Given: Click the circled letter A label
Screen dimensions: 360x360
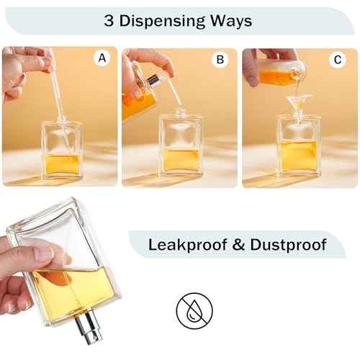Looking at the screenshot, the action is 102,58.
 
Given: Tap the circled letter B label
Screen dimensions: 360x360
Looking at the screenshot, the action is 220,59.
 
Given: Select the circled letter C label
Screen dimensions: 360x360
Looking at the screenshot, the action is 338,60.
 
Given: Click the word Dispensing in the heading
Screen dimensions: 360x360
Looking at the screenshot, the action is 162,21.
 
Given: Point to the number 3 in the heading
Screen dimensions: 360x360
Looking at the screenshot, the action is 109,21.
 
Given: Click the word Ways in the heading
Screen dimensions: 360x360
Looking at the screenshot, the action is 231,21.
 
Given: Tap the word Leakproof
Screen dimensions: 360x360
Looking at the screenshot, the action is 188,246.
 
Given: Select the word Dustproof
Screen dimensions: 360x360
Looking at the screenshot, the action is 288,245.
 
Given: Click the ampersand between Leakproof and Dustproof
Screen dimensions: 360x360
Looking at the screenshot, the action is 238,245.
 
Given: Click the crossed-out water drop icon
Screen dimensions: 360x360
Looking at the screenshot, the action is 194,310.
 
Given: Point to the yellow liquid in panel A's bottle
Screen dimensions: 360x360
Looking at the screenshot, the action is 63,165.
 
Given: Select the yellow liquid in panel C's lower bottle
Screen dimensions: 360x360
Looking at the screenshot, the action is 299,156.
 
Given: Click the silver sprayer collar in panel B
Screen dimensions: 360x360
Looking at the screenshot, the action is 152,81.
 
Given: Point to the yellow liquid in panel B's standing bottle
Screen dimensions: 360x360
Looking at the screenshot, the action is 181,161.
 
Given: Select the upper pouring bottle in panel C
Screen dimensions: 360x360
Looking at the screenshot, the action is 279,71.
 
